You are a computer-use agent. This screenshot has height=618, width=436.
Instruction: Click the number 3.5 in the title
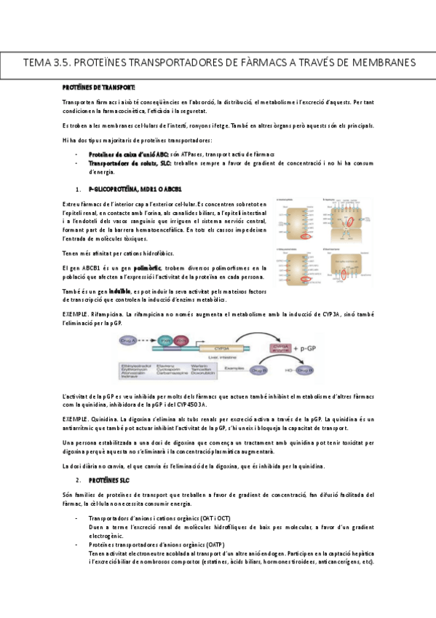coord(63,63)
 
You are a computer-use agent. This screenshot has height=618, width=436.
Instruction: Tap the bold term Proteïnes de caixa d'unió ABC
coord(128,155)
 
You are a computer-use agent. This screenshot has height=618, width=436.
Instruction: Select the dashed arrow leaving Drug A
coord(152,339)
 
